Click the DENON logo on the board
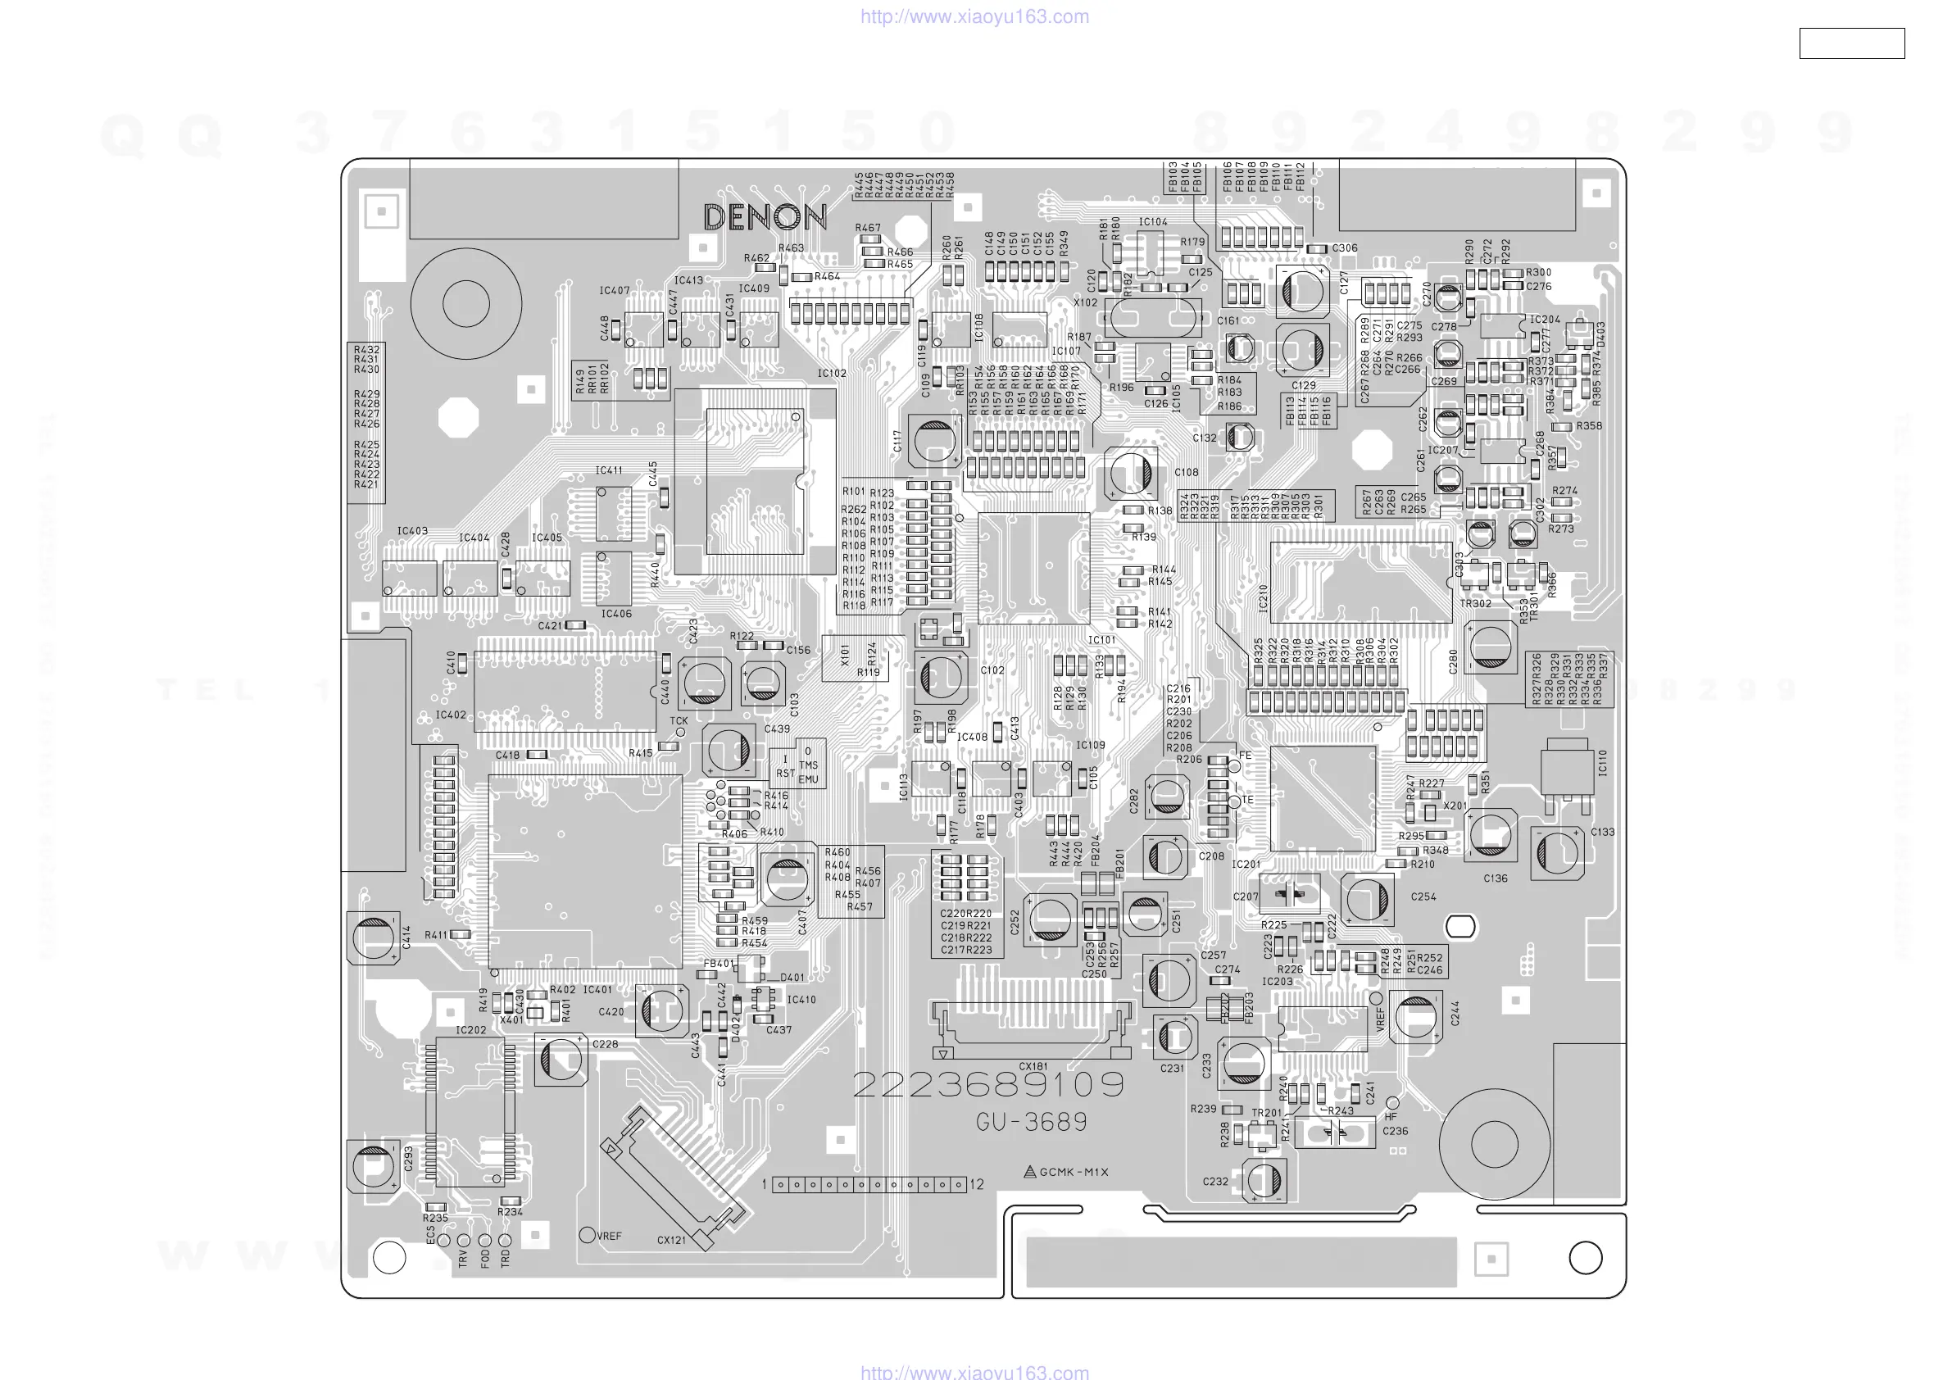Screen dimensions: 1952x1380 [x=765, y=218]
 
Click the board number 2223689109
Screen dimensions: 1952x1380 [x=988, y=1085]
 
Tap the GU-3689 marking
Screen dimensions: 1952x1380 [x=1031, y=1123]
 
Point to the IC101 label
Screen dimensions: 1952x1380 [x=1102, y=640]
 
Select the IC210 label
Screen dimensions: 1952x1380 [x=1263, y=598]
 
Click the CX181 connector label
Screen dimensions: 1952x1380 [x=1033, y=1066]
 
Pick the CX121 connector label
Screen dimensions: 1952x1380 [x=671, y=1241]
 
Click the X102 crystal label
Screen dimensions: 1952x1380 [x=1085, y=302]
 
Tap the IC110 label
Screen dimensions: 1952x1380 [x=1603, y=763]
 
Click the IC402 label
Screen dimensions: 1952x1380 [x=451, y=715]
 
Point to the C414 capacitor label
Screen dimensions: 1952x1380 [x=406, y=937]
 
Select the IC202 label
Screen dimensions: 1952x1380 [x=471, y=1030]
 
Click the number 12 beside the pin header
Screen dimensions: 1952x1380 [x=976, y=1184]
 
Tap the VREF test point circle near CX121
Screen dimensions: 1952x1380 [x=587, y=1235]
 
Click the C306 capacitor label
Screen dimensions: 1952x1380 [x=1344, y=248]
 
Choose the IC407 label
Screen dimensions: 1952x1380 [x=614, y=291]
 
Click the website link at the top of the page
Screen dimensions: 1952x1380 [x=974, y=16]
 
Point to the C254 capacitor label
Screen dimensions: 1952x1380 [x=1423, y=897]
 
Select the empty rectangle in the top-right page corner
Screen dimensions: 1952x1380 [x=1851, y=43]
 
